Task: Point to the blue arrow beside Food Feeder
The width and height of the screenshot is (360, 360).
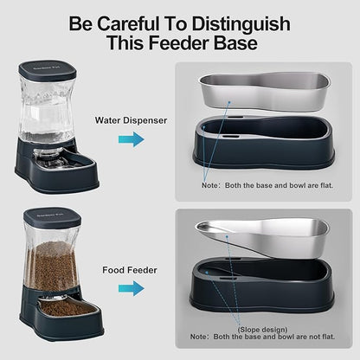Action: [x=132, y=288]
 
